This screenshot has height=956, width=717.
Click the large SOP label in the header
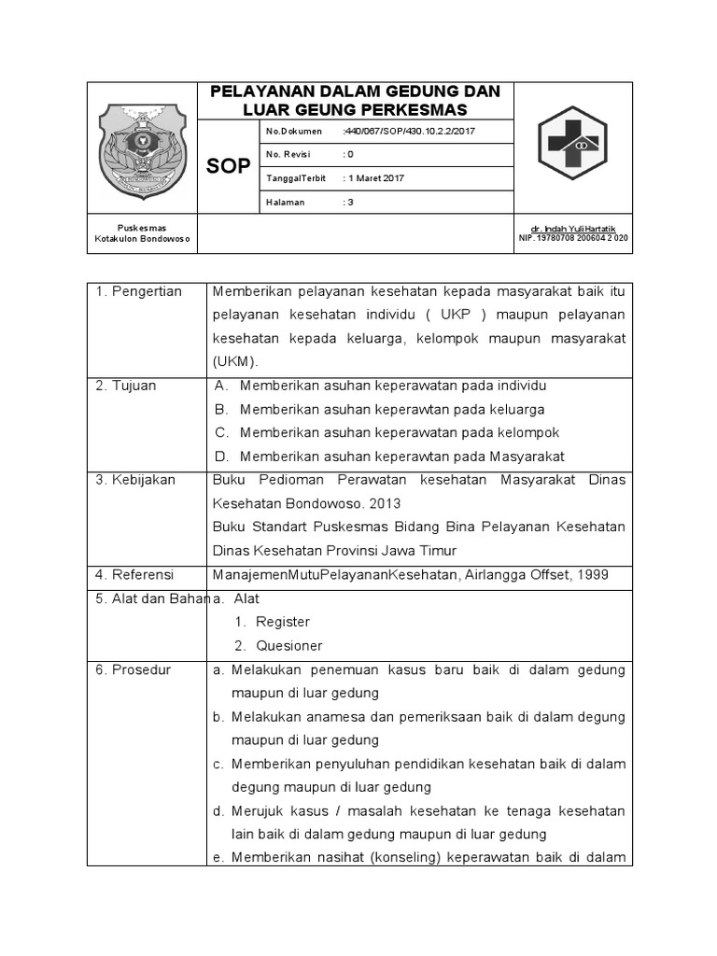(228, 166)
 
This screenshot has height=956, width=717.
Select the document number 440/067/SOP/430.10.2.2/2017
(409, 132)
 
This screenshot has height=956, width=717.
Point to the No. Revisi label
(290, 154)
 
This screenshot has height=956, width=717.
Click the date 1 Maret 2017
(373, 177)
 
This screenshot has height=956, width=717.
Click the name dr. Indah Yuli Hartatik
(573, 229)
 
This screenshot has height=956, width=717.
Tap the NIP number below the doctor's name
(573, 238)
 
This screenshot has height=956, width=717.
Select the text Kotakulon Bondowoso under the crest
(143, 239)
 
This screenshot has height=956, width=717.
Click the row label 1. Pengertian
(139, 292)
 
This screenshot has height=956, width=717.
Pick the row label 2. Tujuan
(126, 386)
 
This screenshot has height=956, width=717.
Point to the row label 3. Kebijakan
(134, 480)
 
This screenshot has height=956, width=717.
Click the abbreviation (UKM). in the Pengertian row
(234, 361)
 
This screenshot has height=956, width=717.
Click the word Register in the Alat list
(283, 622)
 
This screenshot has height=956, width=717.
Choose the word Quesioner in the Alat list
(289, 646)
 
